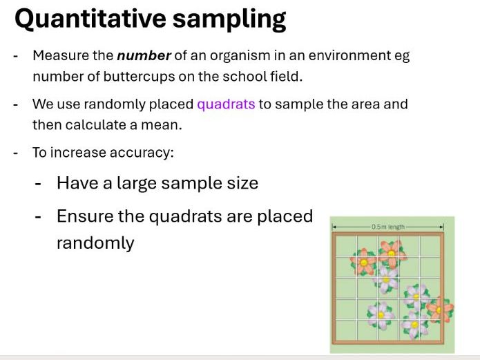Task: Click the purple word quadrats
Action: pos(226,104)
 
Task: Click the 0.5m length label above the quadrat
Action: pos(387,227)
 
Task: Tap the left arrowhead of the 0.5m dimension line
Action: pos(333,227)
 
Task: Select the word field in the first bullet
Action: pos(285,77)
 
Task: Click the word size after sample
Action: pos(240,183)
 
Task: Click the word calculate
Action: pos(94,125)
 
